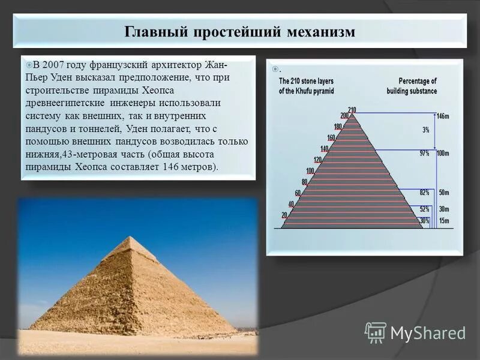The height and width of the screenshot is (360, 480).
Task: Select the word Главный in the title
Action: [x=155, y=31]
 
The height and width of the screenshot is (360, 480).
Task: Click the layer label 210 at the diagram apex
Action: [x=352, y=109]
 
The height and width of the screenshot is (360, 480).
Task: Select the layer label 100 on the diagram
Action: [x=310, y=171]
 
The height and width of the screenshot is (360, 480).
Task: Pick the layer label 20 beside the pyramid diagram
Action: [x=284, y=215]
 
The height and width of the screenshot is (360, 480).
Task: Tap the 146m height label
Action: [x=443, y=116]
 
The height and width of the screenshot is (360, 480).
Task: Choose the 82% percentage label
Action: [x=424, y=193]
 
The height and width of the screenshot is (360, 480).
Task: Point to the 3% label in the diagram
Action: [x=425, y=130]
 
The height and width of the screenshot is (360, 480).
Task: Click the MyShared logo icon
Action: [x=376, y=332]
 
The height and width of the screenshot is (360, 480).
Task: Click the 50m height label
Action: [x=443, y=193]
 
